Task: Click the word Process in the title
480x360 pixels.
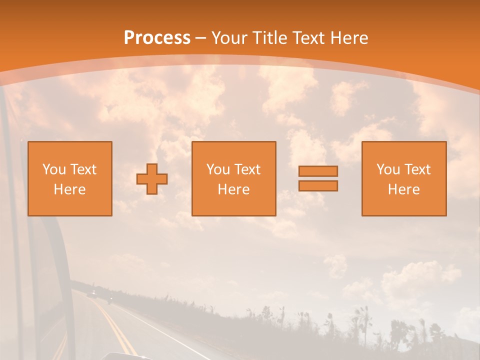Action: click(x=157, y=38)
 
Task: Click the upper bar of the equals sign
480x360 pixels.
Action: click(x=318, y=171)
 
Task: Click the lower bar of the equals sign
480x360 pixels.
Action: click(x=318, y=185)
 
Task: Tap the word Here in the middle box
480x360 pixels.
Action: click(x=233, y=189)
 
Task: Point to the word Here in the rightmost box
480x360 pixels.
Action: click(x=404, y=189)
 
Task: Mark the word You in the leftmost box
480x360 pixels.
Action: click(x=54, y=169)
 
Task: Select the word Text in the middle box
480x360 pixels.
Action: click(x=247, y=169)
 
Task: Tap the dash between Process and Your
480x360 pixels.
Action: click(x=200, y=38)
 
